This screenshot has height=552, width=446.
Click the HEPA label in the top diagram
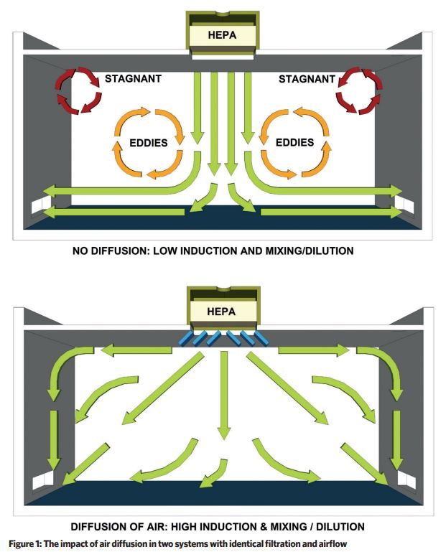222,35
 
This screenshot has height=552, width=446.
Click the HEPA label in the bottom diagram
221,312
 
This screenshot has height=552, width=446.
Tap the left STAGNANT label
133,78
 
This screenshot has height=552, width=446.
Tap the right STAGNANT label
307,79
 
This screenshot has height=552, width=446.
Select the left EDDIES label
149,143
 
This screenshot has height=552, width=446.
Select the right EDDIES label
295,142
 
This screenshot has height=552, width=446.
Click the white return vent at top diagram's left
42,205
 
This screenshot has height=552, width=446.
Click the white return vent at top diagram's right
404,205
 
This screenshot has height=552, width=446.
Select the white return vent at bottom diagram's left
43,480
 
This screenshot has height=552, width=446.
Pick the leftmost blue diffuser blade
185,337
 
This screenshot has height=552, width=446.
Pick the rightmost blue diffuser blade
261,338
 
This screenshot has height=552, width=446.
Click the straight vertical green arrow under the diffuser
223,395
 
